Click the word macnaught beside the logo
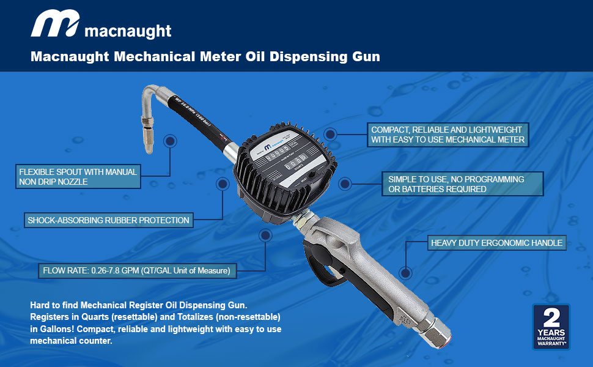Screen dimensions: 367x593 pyautogui.click(x=128, y=31)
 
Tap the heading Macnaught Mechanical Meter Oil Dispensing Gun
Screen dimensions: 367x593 pyautogui.click(x=205, y=57)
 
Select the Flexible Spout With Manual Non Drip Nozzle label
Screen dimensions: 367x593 pyautogui.click(x=78, y=176)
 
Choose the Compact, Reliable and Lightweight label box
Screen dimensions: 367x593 pyautogui.click(x=447, y=135)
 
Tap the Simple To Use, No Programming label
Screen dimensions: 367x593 pyautogui.click(x=457, y=184)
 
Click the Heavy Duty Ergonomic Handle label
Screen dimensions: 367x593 pyautogui.click(x=496, y=243)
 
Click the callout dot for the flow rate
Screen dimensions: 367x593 pyautogui.click(x=265, y=236)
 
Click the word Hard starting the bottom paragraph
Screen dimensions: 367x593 pyautogui.click(x=40, y=305)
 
